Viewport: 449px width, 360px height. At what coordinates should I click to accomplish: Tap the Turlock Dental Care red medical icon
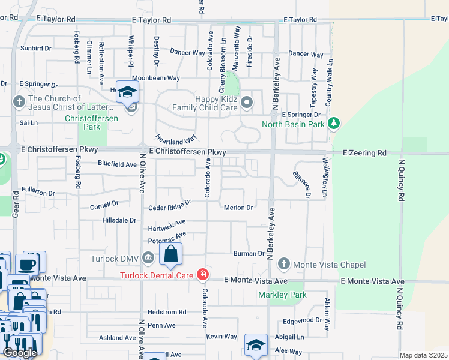click(x=203, y=275)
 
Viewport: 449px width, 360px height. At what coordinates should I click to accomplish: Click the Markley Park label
click(x=282, y=295)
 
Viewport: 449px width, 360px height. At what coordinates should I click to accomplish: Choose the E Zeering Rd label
click(x=364, y=154)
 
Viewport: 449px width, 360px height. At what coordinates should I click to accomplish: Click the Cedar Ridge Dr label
click(x=170, y=207)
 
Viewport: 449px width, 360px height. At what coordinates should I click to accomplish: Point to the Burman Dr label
click(x=249, y=254)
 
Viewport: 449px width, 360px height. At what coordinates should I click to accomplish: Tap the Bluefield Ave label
click(x=118, y=164)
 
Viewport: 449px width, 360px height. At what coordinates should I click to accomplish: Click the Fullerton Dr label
click(x=38, y=193)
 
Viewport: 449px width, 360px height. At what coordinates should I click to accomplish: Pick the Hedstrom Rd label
click(x=167, y=312)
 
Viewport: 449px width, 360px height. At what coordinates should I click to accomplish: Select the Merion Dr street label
click(x=238, y=208)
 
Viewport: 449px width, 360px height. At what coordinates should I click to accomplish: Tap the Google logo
click(x=20, y=353)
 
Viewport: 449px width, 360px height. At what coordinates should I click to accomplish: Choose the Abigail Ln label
click(x=289, y=337)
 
